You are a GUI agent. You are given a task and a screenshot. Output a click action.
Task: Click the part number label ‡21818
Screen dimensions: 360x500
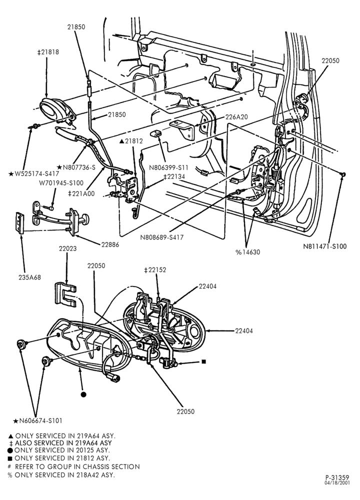[x=48, y=52]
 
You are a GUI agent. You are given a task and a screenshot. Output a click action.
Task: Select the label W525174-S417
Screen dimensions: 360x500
[x=33, y=174]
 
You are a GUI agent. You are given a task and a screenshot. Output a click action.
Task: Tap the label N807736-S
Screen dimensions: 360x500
[x=76, y=167]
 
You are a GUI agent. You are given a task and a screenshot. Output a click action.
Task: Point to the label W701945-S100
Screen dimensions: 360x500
[x=61, y=183]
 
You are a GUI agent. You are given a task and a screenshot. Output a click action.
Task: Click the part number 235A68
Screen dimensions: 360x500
[x=29, y=277]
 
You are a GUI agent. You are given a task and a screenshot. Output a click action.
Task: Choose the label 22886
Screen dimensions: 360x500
[x=110, y=244]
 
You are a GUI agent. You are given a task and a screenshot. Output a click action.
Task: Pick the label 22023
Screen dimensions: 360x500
[x=67, y=248]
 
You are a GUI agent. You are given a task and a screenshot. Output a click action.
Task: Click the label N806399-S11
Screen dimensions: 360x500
[x=168, y=167]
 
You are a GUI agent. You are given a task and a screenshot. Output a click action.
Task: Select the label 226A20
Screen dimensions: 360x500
[x=236, y=117]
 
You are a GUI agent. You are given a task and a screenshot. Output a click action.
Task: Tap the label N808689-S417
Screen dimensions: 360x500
[x=161, y=237]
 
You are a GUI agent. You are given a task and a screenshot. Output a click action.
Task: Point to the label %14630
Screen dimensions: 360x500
[x=248, y=252]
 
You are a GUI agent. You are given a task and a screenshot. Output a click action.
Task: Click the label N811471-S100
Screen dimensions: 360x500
[x=324, y=246]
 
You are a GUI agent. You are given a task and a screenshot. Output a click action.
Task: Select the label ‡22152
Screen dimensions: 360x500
[x=155, y=270]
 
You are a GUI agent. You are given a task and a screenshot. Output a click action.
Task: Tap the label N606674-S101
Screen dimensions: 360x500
[x=37, y=420]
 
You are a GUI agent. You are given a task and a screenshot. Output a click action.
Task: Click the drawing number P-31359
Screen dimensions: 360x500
[x=337, y=477]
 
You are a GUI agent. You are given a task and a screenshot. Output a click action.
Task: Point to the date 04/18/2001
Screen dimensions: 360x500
[x=337, y=483]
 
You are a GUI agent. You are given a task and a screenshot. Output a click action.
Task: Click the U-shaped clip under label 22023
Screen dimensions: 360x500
[x=64, y=294]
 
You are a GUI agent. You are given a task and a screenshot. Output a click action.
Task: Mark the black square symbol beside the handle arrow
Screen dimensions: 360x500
[x=204, y=361]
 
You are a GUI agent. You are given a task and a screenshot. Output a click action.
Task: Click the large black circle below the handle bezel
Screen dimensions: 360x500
[x=83, y=394]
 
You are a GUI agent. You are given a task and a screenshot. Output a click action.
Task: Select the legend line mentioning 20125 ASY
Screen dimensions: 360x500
[x=58, y=450]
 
